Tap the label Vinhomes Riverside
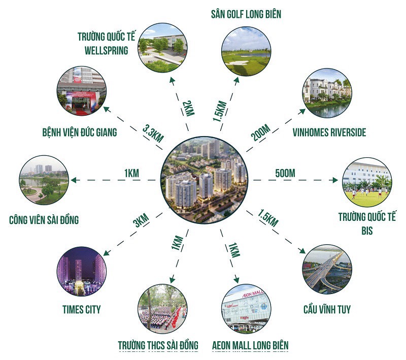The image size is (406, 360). [329, 133]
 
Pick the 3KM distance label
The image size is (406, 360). [140, 222]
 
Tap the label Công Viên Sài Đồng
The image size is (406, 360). [44, 221]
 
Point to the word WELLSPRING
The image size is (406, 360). [103, 50]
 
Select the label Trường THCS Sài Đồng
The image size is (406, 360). [158, 346]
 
